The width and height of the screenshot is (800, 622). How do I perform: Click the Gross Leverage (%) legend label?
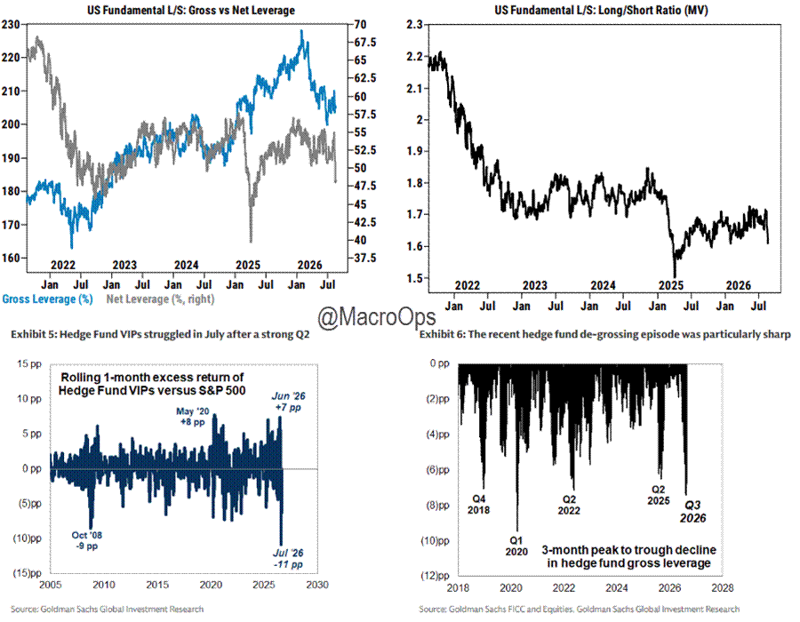(47, 299)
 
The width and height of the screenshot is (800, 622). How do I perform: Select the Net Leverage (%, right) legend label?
(160, 299)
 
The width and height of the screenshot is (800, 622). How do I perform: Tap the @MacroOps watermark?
(377, 317)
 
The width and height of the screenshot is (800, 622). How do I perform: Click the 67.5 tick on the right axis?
(365, 43)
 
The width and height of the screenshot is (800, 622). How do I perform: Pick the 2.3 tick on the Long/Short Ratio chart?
(414, 25)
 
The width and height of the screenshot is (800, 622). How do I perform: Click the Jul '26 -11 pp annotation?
(288, 559)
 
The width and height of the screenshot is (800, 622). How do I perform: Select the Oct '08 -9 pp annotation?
(87, 540)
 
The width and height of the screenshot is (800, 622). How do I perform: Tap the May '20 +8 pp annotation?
(192, 417)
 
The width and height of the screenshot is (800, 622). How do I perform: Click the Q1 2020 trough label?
(516, 546)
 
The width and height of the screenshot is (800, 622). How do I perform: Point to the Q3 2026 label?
(692, 511)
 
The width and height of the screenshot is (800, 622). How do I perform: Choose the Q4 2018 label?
(478, 504)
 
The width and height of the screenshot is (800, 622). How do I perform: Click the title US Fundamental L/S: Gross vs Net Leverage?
(191, 10)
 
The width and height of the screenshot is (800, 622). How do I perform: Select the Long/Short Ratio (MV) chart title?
(601, 10)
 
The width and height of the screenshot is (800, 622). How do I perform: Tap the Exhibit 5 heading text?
(160, 334)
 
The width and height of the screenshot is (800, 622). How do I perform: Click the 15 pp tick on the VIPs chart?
(29, 364)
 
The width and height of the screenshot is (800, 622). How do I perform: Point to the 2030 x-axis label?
(317, 585)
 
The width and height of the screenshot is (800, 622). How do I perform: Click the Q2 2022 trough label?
(569, 506)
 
